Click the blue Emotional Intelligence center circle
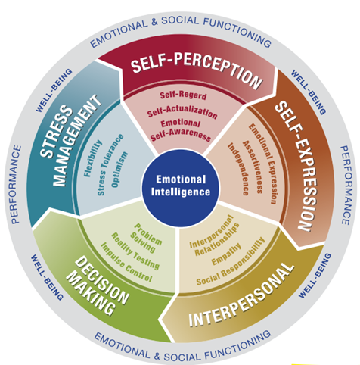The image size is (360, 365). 181,187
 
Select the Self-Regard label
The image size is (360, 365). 183,95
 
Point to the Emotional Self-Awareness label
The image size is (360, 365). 181,130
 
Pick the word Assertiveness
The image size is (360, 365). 253,167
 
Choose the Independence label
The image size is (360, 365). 238,169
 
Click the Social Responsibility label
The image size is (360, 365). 231,262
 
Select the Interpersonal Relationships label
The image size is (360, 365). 214,236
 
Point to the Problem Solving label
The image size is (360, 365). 146,238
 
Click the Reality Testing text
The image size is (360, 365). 135,251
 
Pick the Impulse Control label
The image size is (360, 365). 126,262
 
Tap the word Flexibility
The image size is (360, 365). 93,158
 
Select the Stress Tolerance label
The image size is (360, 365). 110,164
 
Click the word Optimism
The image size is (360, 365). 119,170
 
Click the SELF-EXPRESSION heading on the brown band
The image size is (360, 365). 296,166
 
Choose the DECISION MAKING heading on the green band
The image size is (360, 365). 98,285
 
